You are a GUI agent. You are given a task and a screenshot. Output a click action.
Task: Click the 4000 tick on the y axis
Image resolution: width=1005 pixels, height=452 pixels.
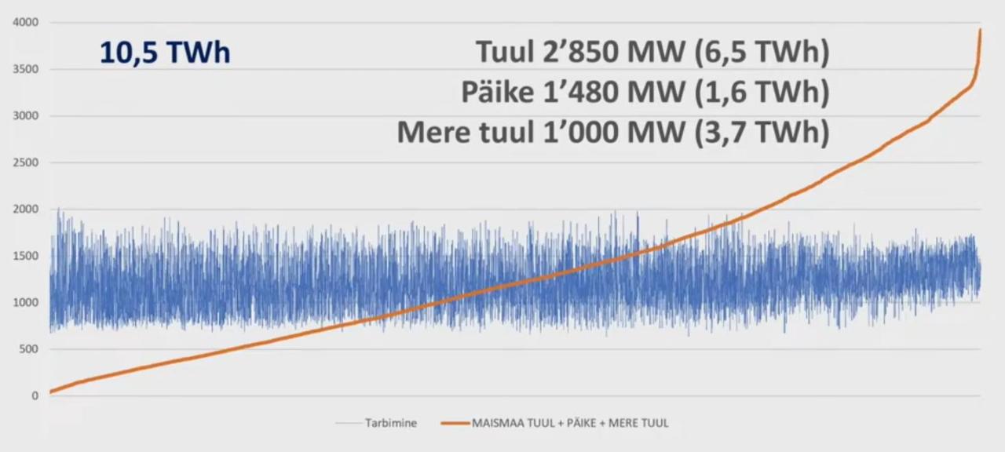coord(26,22)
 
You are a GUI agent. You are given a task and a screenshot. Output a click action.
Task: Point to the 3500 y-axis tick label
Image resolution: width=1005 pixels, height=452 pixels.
coord(26,69)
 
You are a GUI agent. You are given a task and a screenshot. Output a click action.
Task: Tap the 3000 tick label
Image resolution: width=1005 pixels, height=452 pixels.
coord(26,115)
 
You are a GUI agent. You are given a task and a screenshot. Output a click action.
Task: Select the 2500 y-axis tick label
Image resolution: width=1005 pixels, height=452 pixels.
coord(26,162)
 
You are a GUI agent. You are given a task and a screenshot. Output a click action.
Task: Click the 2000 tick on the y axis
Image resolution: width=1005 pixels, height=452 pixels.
coord(26,209)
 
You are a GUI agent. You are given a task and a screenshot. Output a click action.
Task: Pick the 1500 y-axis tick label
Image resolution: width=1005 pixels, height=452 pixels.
coord(26,256)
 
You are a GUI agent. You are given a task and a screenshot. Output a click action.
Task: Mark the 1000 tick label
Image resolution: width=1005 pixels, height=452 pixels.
coord(26,302)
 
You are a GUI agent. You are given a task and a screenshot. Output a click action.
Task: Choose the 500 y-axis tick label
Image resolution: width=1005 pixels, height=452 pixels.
coord(29,349)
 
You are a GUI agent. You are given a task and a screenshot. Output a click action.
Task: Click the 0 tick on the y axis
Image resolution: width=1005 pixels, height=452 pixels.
coord(35,395)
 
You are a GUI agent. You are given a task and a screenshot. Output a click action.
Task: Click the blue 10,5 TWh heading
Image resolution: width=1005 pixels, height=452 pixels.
coord(165,53)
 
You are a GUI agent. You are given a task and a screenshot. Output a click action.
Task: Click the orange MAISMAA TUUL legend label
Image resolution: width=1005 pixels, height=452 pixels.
coord(570,423)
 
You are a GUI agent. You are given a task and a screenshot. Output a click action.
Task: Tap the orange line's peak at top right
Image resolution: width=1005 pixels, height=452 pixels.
coord(980,30)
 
